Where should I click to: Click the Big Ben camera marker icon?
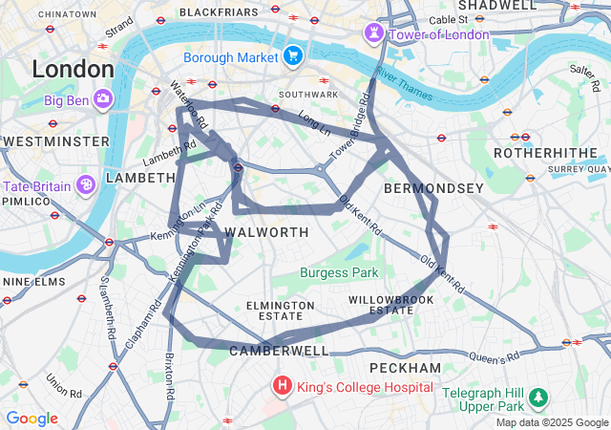point(101,97)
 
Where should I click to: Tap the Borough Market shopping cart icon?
point(292,54)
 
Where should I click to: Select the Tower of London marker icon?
point(371,34)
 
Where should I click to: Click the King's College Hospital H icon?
point(283,387)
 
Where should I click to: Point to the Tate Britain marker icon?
point(86,184)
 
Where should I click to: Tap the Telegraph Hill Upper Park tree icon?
point(539,396)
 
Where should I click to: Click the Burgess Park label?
point(339,272)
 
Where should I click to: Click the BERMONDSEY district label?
point(433,188)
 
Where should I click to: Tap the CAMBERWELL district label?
point(279,351)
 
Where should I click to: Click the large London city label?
point(73,70)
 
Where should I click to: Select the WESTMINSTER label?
point(55,141)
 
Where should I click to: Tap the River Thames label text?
point(403,85)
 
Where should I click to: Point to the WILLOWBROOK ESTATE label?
point(391,305)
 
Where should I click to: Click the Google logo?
point(32,419)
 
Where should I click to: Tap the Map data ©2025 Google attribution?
point(551,422)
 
